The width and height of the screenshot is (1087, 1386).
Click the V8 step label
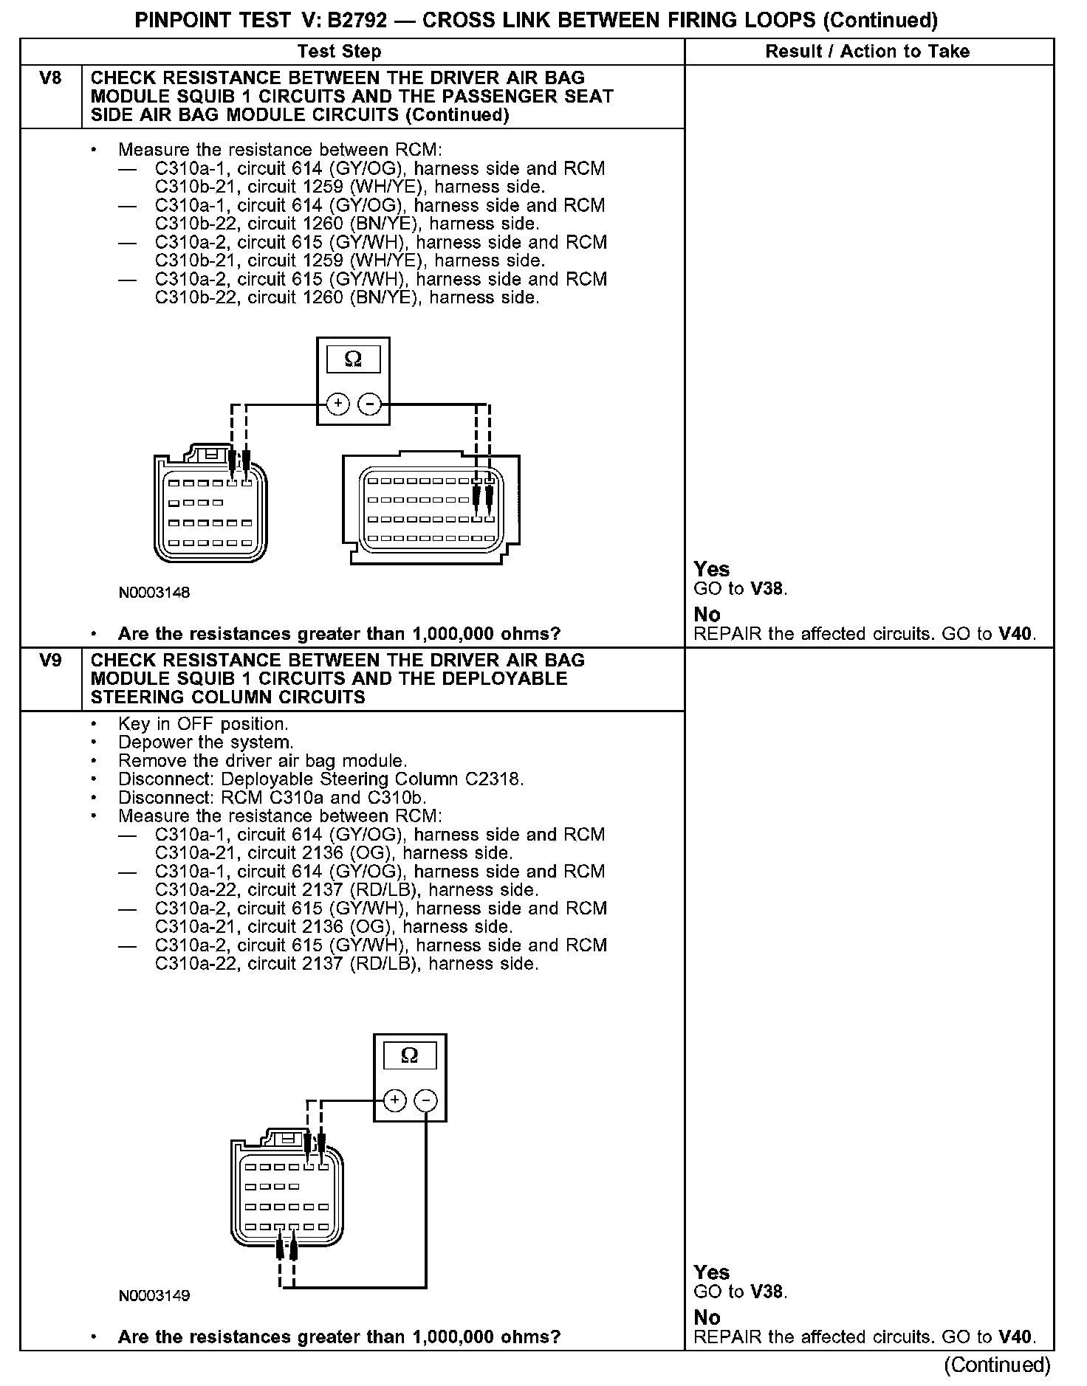pos(50,78)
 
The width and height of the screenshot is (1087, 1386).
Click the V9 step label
pos(50,661)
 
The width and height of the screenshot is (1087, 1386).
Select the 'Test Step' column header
pos(339,52)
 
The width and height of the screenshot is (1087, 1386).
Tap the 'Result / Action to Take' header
pos(868,52)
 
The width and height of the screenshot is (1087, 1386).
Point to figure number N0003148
pos(154,593)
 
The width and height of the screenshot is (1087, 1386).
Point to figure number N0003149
pos(154,1296)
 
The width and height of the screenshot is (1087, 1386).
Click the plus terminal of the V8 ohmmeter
pos(338,404)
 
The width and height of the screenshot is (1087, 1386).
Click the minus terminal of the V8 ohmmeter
pos(369,404)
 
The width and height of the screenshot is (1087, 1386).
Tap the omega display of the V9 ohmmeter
pos(409,1056)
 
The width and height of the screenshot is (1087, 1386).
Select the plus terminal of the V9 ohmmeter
pos(395,1101)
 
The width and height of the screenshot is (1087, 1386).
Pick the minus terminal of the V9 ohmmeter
pos(425,1101)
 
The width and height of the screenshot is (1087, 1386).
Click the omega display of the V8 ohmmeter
pos(353,359)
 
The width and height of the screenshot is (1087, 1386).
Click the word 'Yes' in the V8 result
pos(712,569)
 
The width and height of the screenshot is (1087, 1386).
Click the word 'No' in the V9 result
pos(707,1317)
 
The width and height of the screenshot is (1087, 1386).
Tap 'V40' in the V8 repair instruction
pos(1016,633)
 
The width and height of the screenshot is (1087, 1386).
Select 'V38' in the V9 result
pos(768,1292)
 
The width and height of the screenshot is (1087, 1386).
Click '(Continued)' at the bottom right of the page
pos(997,1365)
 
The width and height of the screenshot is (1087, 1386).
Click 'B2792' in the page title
pos(357,20)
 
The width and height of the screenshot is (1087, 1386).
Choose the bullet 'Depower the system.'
pos(205,742)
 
